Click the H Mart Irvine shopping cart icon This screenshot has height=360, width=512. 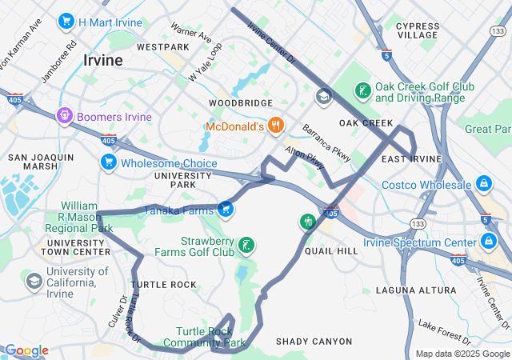pos(66,22)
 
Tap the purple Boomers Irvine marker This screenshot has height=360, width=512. pos(65,117)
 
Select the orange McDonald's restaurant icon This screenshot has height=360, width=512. pos(276,125)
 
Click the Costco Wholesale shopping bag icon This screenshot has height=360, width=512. pos(484,185)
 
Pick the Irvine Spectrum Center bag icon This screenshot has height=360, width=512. pos(489,241)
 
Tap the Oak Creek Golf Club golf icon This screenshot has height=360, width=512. pos(364,90)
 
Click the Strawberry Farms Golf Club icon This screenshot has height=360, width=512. pos(248,245)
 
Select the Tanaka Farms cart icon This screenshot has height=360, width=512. pos(226,210)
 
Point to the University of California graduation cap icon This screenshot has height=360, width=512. pos(34,281)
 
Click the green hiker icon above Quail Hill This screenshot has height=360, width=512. pos(307,222)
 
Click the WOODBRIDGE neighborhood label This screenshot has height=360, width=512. pos(241,103)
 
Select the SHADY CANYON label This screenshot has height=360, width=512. pos(314,342)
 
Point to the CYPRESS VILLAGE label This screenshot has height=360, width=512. pos(417,30)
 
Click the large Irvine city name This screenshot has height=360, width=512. pos(103,61)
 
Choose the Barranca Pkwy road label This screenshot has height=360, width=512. pos(326,142)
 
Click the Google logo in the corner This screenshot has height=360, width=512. pos(26,350)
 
